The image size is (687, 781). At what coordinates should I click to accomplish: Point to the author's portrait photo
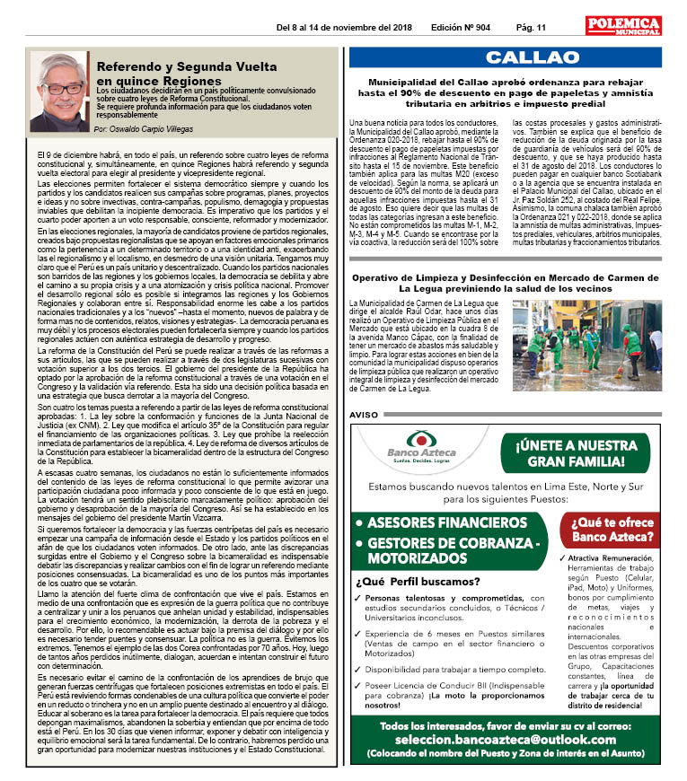[60, 91]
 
